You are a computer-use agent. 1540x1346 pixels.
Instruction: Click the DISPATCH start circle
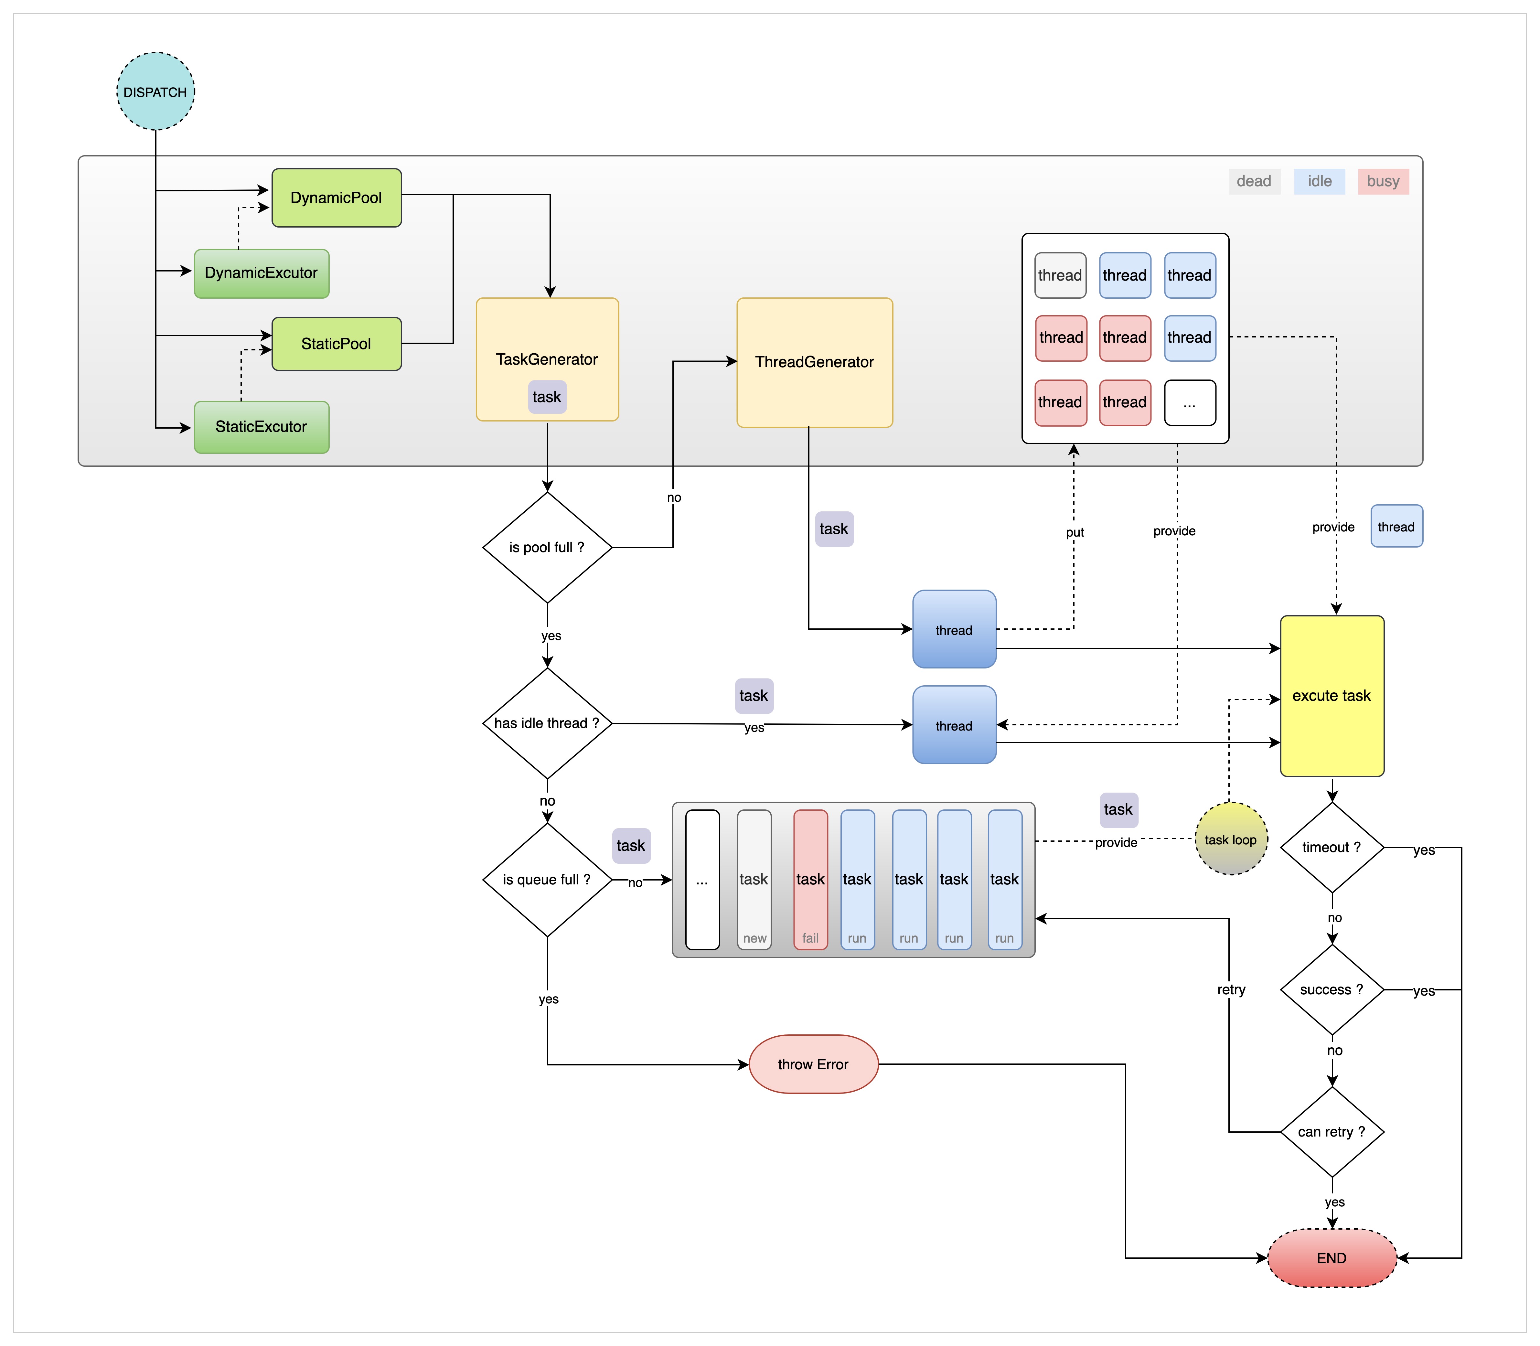(155, 91)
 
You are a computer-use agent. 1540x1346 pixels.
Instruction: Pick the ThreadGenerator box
(814, 362)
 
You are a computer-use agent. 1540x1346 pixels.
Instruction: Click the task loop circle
(1231, 839)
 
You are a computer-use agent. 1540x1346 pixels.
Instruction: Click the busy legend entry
(1383, 181)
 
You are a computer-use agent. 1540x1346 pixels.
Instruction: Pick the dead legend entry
(1254, 181)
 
